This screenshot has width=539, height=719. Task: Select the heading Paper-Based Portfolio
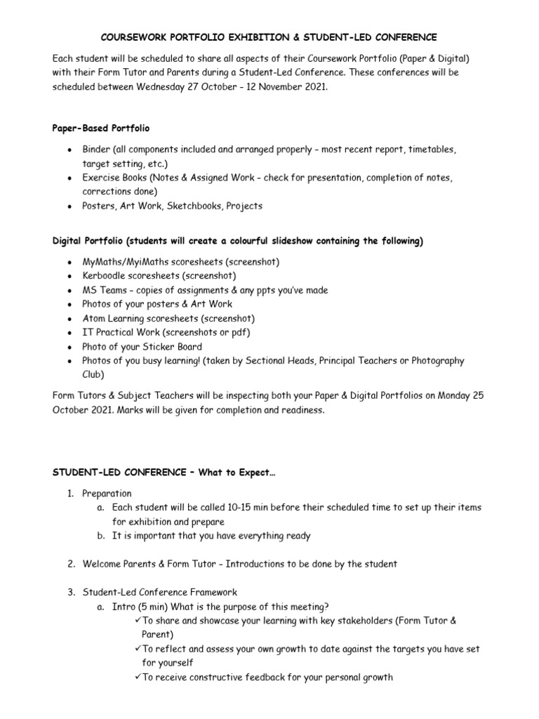coord(101,128)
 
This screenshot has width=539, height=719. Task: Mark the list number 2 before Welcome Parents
coord(71,564)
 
